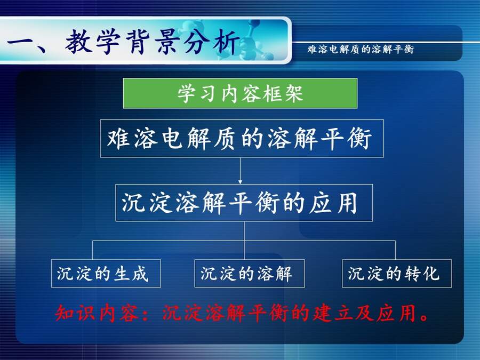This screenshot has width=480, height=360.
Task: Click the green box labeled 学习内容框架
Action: point(240,93)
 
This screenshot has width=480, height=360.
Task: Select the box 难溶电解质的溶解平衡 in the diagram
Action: point(242,138)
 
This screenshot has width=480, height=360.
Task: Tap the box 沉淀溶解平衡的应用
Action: point(244,203)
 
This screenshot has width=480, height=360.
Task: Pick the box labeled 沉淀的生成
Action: point(106,274)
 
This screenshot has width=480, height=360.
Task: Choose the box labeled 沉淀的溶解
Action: point(250,274)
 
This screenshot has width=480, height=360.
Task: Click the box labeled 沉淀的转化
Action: point(397,274)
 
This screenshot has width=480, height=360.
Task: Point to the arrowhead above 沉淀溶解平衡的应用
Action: point(241,182)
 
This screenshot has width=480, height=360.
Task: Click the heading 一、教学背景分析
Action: point(123,42)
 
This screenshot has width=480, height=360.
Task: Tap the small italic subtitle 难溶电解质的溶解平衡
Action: point(361,49)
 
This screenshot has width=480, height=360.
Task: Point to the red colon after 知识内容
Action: point(147,314)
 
